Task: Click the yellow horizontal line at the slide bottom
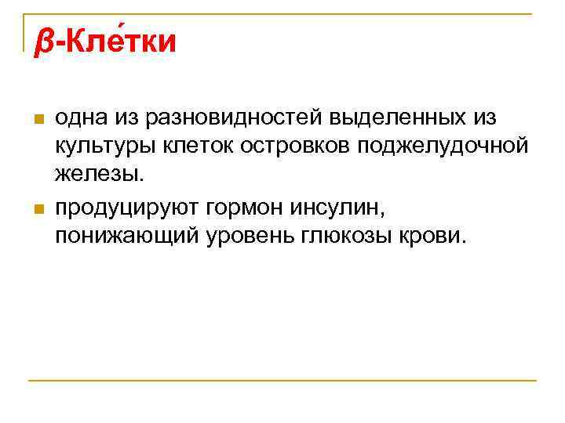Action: (x=282, y=381)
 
